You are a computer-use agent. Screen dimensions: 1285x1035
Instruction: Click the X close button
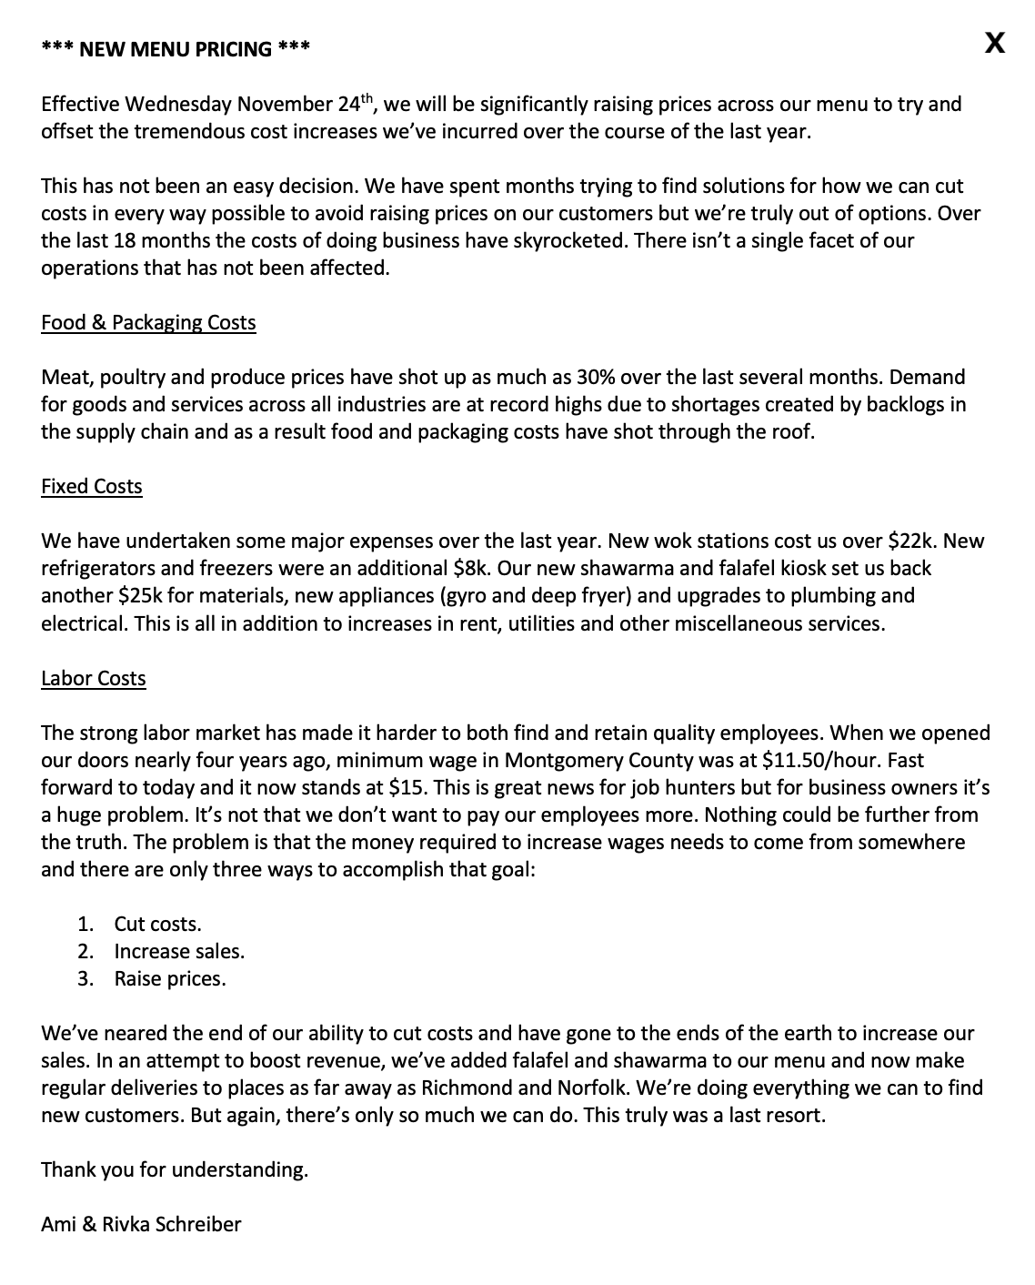click(x=995, y=43)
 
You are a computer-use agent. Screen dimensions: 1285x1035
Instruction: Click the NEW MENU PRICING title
click(x=176, y=49)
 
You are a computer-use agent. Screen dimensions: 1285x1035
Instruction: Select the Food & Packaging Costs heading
click(x=148, y=323)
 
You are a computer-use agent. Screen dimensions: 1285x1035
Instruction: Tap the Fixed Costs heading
click(x=92, y=487)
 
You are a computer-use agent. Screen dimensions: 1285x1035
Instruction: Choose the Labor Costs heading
click(x=94, y=679)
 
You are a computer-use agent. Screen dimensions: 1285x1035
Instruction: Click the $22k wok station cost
click(x=912, y=541)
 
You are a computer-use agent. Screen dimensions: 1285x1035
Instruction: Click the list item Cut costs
click(x=157, y=925)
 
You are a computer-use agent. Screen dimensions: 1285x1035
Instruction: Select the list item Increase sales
click(x=179, y=952)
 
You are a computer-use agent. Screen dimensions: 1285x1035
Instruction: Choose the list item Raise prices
click(x=170, y=979)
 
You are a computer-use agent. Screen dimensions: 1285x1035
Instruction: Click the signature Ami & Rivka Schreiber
click(x=141, y=1225)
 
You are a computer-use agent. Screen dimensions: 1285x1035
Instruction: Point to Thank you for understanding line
click(x=175, y=1170)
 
